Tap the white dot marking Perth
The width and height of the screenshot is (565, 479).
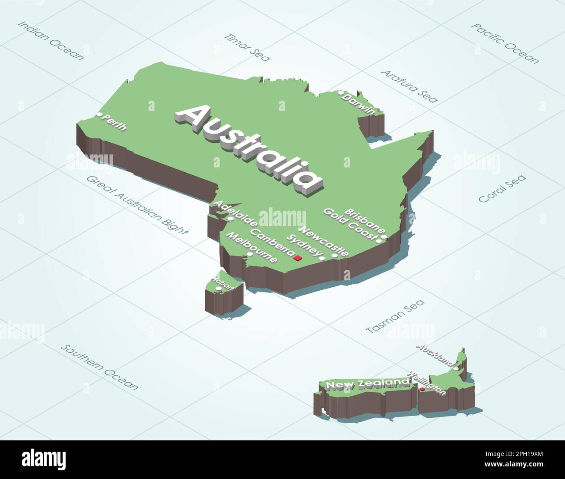tap(100, 115)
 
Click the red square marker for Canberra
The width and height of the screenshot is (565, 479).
tap(298, 259)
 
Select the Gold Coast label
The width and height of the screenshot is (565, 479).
tap(349, 224)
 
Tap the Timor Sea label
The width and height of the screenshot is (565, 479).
tap(247, 47)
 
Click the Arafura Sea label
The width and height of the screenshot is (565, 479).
tap(409, 86)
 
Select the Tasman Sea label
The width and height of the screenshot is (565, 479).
tap(395, 317)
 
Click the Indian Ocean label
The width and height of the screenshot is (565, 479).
tap(50, 40)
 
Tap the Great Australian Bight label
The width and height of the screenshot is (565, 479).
tap(138, 205)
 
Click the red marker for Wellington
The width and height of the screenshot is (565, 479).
tap(422, 390)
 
